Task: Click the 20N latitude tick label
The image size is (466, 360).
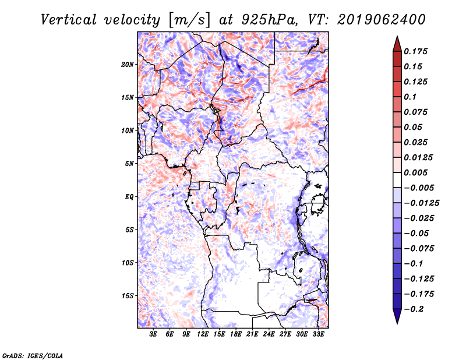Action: tap(128, 64)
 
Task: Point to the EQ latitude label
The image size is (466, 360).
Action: tap(129, 196)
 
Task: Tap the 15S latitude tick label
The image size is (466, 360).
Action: tap(128, 295)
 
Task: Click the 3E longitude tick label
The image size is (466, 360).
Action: tap(154, 334)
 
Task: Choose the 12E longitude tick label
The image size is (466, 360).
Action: tap(204, 334)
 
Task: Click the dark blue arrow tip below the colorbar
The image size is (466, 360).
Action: tap(397, 320)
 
